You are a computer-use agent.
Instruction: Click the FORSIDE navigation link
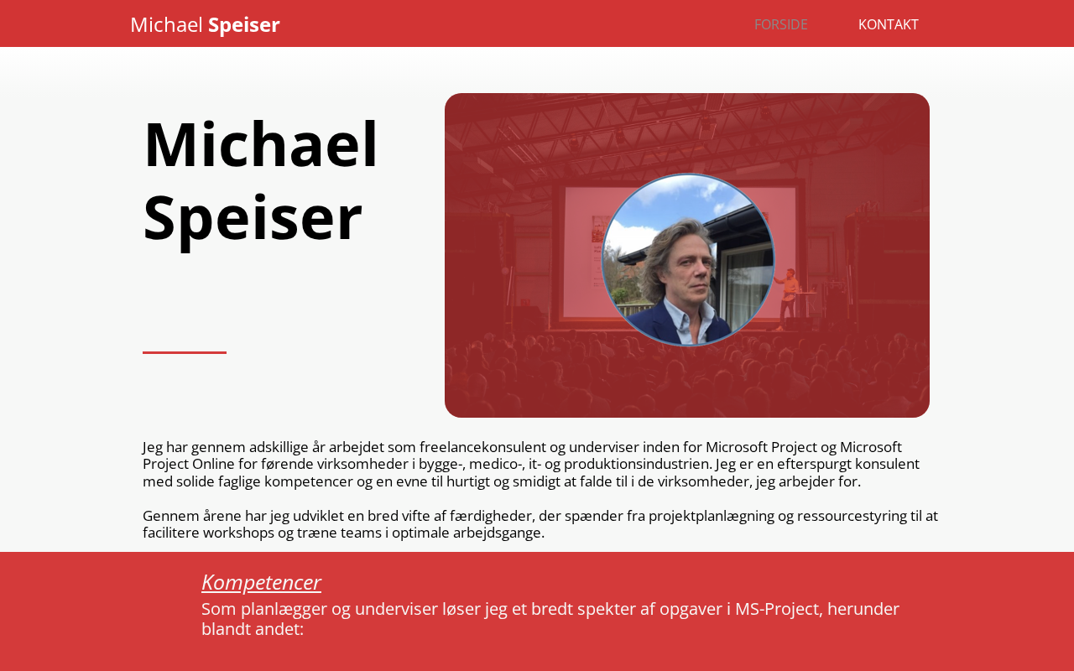point(780,24)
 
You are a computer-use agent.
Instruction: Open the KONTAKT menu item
point(888,24)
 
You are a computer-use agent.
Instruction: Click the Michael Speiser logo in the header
point(205,25)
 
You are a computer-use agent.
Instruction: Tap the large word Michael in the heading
point(261,144)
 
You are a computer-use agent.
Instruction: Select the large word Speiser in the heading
point(253,220)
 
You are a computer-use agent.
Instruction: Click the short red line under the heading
point(185,352)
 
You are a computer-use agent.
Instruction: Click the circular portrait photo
point(688,259)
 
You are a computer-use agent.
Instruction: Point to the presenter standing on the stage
point(788,298)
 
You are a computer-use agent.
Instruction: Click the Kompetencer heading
point(261,583)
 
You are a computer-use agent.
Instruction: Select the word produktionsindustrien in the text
point(637,464)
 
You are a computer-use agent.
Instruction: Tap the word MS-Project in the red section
point(779,609)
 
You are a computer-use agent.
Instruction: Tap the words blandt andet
point(253,629)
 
